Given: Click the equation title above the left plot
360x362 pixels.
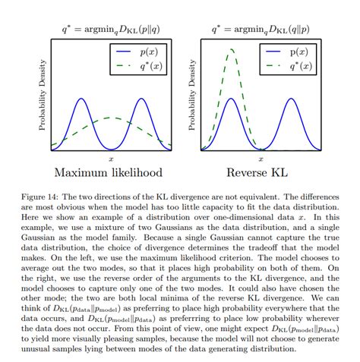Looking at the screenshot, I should coord(109,29).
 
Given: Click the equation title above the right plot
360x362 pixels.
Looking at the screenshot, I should coord(257,29).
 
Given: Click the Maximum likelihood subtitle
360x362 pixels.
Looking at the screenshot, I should coord(111,174).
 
